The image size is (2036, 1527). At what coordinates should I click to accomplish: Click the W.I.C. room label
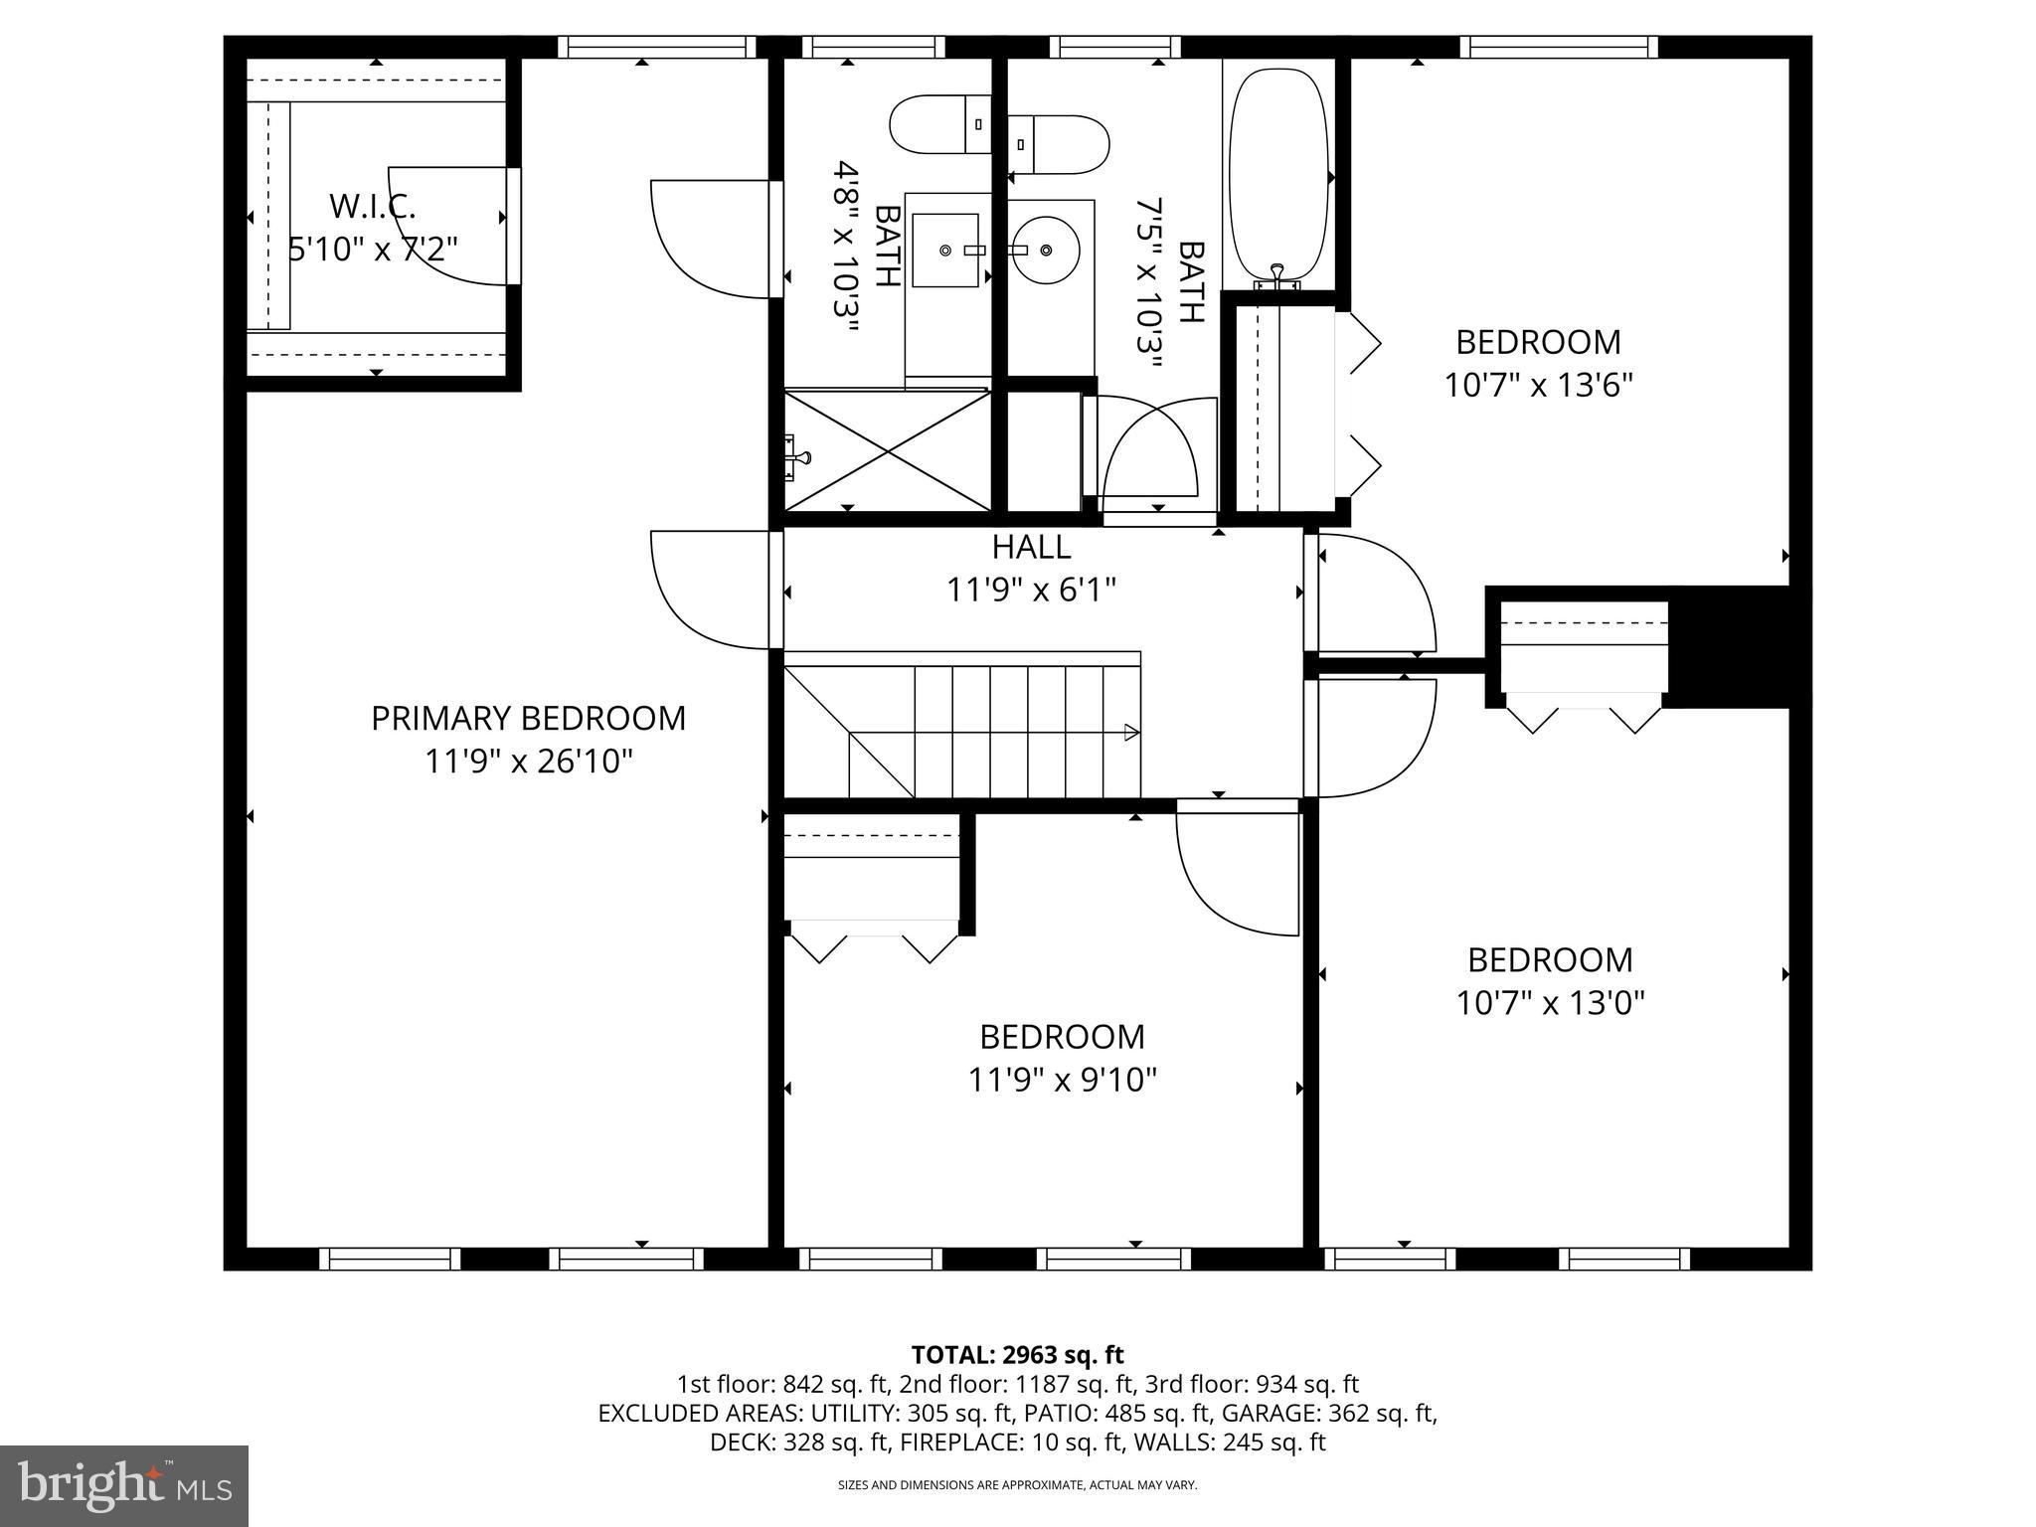coord(372,207)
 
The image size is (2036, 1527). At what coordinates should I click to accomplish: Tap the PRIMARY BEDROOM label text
coord(528,718)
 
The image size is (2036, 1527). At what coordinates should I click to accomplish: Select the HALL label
coord(1031,547)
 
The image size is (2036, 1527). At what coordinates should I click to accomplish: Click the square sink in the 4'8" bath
coord(944,251)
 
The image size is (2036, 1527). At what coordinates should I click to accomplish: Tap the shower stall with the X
coord(888,450)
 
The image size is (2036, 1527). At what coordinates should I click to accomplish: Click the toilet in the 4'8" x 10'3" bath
coord(939,124)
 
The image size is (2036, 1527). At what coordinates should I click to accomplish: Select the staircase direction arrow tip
coord(1132,733)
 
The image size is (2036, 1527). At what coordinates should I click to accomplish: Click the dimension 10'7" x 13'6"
coord(1538,385)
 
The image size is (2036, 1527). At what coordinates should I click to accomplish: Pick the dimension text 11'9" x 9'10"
coord(1062,1080)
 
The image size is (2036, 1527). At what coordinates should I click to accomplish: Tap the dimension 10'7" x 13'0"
coord(1550,1003)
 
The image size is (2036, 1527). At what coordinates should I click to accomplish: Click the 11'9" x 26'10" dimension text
coord(528,762)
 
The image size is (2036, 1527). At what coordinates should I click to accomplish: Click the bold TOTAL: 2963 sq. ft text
coord(1017,1354)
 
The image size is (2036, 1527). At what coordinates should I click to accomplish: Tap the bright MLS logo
coord(123,1485)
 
